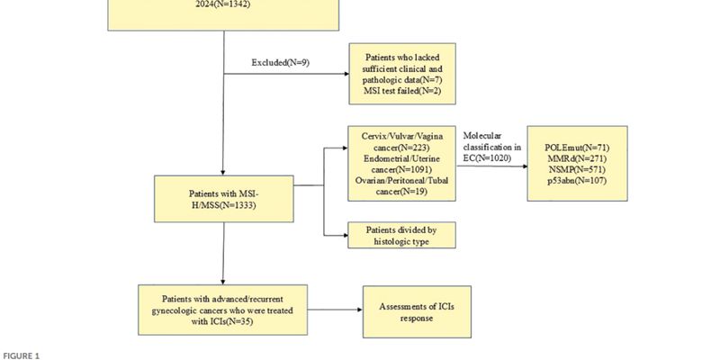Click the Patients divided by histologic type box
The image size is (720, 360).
point(401,235)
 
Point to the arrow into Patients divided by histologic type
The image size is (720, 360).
point(337,235)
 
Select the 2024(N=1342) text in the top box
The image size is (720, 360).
point(222,4)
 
